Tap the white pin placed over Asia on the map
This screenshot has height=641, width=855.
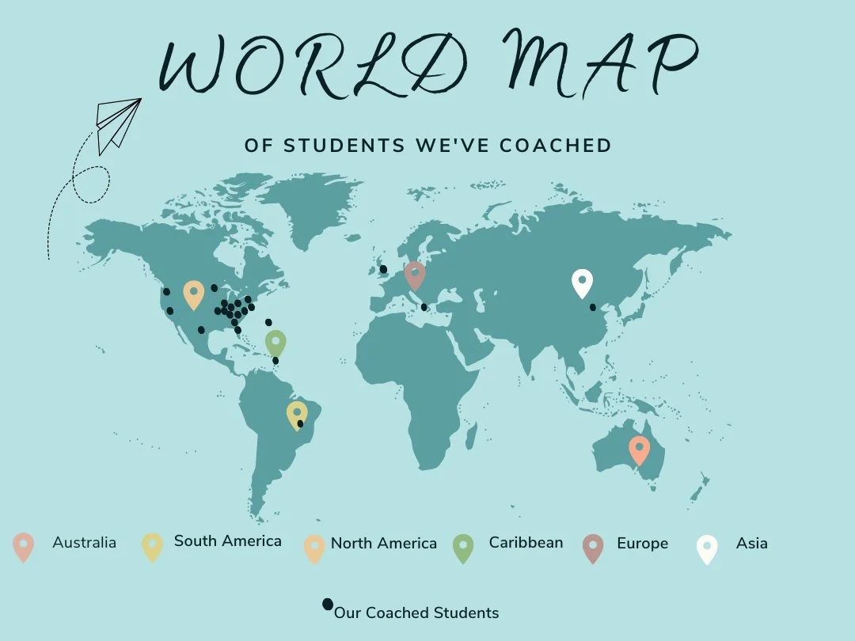click(x=582, y=282)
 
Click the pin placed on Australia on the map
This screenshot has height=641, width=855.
click(x=639, y=449)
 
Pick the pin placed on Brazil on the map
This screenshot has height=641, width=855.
click(x=297, y=413)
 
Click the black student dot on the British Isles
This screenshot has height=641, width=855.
click(x=383, y=269)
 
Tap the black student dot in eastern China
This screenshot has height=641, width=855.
click(x=593, y=307)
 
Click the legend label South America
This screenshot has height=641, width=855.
click(x=227, y=541)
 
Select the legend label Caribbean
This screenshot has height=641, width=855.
click(x=526, y=543)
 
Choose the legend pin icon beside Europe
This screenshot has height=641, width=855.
click(x=592, y=548)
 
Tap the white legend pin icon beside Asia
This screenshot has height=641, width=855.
click(x=707, y=548)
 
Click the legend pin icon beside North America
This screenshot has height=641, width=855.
click(x=315, y=548)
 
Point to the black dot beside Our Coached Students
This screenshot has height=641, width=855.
click(x=327, y=605)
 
